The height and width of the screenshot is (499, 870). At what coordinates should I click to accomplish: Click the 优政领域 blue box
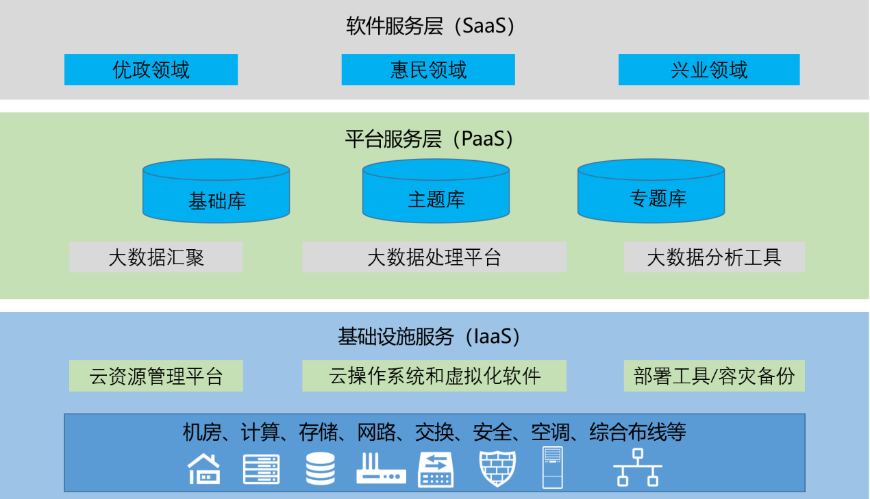coord(151,70)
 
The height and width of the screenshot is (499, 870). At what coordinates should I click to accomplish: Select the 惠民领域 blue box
coord(428,70)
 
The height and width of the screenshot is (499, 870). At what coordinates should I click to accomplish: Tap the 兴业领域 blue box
coord(709,70)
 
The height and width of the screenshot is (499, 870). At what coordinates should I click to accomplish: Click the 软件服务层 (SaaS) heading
coord(430,27)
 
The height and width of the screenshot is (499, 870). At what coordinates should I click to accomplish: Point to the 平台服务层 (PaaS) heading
coord(430,139)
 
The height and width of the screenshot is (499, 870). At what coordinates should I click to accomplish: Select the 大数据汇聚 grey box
coord(156,257)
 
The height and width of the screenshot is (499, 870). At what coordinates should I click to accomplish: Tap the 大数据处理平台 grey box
coord(434,257)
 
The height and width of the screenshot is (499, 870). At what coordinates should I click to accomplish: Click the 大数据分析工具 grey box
coord(714,257)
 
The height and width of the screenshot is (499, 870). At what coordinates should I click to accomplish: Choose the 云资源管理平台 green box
coord(156,376)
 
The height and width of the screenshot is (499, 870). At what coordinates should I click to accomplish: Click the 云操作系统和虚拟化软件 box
coord(434,376)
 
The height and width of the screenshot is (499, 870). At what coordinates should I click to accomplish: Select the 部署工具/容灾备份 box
coord(714,376)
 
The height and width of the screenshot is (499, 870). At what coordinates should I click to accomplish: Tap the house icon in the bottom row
coord(204,469)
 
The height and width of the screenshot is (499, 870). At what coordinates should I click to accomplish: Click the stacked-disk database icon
coord(321,469)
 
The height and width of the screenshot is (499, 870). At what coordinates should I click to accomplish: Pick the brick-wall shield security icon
coord(497,469)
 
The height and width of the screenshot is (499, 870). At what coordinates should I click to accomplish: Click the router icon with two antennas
coord(381,469)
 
